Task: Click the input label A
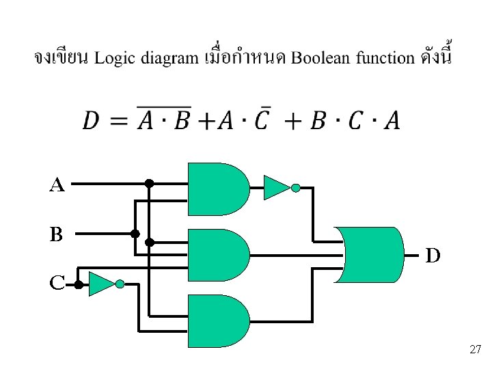tap(57, 184)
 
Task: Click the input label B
tap(56, 234)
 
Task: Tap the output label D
tap(433, 256)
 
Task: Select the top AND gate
tap(218, 189)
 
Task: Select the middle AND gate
tap(218, 254)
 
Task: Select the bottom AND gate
tap(218, 320)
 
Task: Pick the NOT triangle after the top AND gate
tap(276, 187)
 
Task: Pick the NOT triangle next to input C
tap(101, 284)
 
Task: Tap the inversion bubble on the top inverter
tap(295, 188)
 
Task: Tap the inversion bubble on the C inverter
tap(120, 284)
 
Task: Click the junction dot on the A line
tap(148, 184)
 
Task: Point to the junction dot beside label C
tap(79, 286)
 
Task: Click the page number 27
tap(476, 350)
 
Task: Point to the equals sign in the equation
tap(118, 122)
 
